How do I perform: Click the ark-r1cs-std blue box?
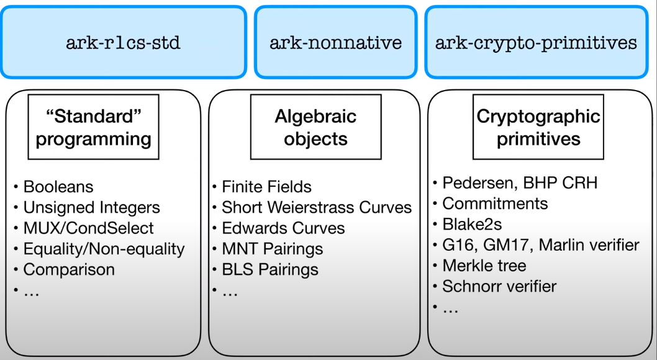[x=124, y=42]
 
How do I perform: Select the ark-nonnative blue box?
[x=335, y=42]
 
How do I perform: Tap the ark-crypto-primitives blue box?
[x=536, y=42]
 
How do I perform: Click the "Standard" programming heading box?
[x=93, y=127]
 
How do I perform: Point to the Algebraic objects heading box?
[x=315, y=127]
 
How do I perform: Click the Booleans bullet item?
[x=58, y=186]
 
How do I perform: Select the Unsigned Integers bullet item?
[x=91, y=207]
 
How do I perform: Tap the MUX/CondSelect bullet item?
[x=88, y=228]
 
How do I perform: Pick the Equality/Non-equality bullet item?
[x=104, y=249]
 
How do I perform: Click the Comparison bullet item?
[x=69, y=269]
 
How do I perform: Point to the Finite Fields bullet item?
[x=266, y=186]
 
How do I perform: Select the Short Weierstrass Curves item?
[x=317, y=207]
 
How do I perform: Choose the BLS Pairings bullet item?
[x=270, y=269]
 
